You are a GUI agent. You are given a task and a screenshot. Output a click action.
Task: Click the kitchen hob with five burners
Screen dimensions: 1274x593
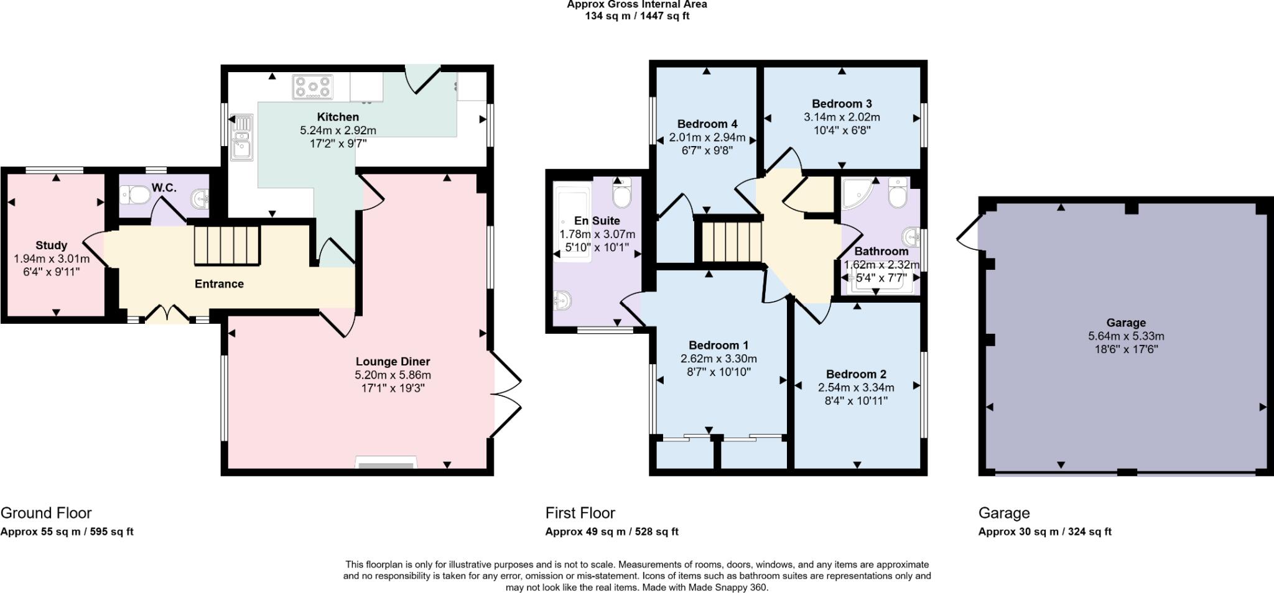312,87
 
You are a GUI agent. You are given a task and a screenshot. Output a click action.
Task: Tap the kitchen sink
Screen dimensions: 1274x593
241,137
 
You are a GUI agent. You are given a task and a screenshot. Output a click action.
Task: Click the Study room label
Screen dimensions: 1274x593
51,246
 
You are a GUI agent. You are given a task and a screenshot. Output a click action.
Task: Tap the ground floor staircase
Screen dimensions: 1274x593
226,246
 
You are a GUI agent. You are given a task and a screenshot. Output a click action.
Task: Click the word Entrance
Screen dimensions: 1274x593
219,284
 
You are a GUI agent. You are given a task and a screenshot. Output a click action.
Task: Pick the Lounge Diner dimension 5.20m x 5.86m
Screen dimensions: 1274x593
393,375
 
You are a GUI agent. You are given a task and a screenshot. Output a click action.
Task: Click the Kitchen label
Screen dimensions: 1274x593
338,117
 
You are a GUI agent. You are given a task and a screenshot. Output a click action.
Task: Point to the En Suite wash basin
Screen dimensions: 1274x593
563,301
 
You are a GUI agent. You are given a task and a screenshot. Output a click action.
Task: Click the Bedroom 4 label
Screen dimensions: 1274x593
707,124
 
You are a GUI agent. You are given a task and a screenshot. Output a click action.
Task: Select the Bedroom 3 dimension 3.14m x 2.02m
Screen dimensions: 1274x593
842,117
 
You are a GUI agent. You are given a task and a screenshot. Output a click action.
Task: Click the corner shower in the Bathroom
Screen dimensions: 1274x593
858,193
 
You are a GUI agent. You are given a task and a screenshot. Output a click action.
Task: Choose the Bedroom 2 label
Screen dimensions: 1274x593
856,374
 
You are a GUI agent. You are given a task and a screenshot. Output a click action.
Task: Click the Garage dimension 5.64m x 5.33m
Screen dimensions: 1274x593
1126,336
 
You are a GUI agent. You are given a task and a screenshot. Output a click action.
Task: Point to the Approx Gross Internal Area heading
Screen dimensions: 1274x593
637,4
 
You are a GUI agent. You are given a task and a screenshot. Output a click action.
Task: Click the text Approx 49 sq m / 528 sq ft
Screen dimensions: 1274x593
612,531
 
